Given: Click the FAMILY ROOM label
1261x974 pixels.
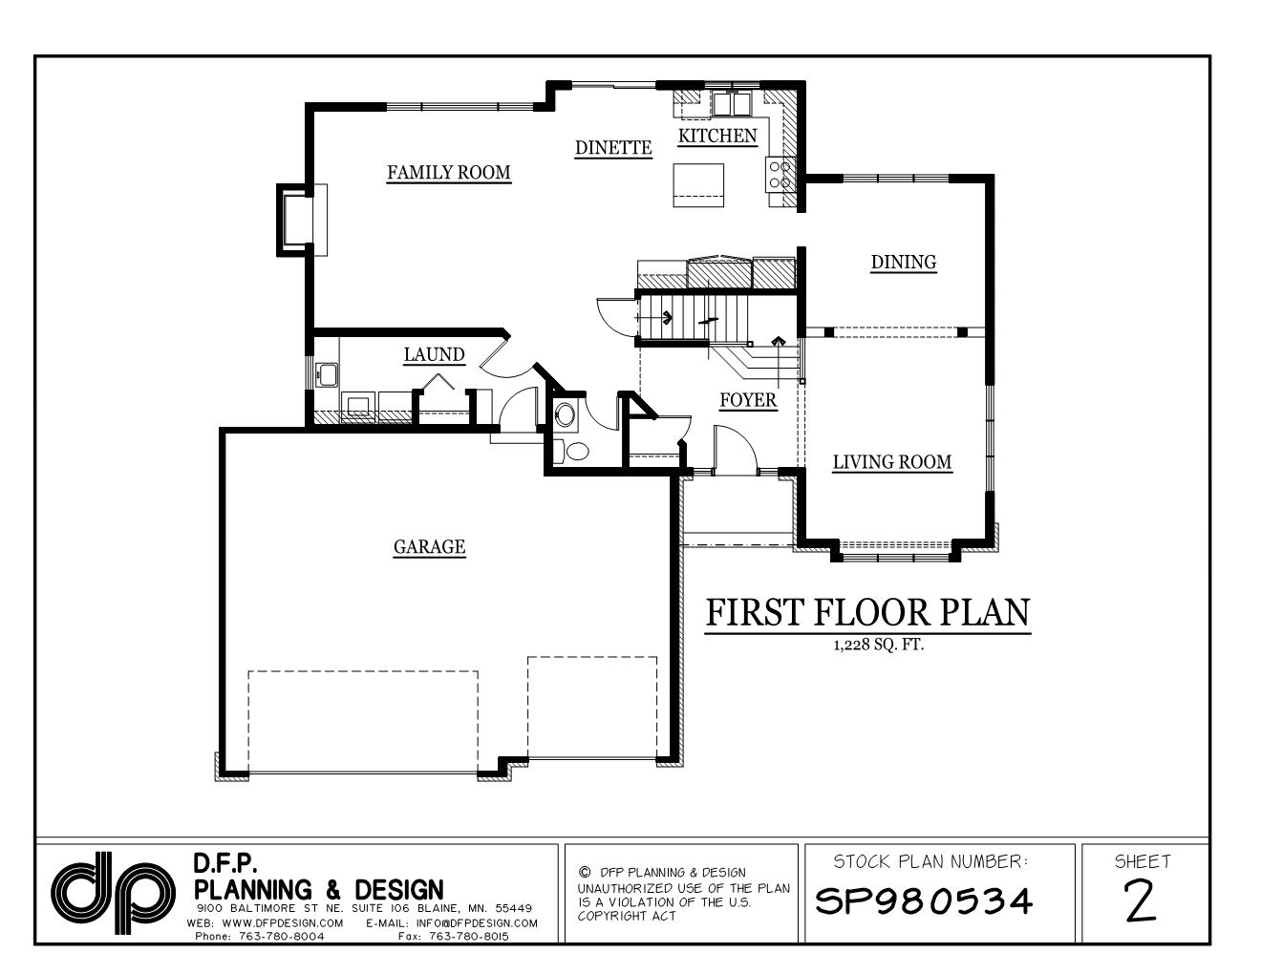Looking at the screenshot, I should (448, 173).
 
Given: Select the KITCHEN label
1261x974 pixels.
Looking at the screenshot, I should (716, 137).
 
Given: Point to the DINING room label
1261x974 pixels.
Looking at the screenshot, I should (903, 262).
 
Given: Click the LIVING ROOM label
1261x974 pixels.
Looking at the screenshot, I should (892, 462).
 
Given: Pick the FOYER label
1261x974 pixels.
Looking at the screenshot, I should (747, 400).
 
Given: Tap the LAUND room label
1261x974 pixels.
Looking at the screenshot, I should (434, 355).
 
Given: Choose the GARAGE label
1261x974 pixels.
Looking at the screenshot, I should (429, 547).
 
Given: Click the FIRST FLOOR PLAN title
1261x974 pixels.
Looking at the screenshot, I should (867, 613).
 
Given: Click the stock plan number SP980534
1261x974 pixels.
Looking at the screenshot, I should (925, 900).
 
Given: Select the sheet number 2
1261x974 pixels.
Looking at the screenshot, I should (1143, 900).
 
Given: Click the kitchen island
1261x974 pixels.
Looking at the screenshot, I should (697, 184).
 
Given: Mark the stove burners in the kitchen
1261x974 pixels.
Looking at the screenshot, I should (778, 174).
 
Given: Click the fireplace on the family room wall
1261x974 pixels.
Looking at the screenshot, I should (295, 220).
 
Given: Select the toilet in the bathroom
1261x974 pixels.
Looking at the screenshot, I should (575, 452).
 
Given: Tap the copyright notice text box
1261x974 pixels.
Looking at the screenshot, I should (682, 894).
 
